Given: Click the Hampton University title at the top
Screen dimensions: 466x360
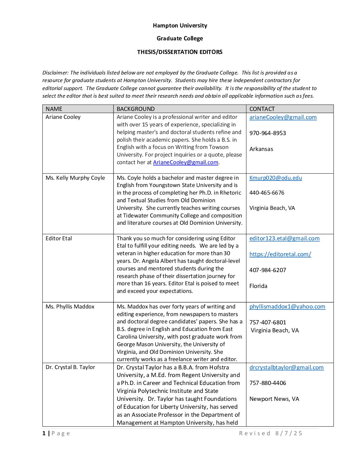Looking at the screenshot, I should [180, 25].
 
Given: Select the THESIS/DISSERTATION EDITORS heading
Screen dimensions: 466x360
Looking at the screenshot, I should [180, 52].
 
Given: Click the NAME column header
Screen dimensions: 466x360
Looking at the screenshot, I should [54, 109].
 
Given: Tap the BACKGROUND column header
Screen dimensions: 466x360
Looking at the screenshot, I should [136, 109].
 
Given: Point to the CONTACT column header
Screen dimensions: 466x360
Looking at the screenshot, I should [262, 109].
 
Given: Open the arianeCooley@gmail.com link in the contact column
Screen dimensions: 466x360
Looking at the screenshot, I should [283, 117].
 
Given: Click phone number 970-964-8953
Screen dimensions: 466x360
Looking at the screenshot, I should [268, 133].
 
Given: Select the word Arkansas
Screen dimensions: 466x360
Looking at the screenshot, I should [261, 149].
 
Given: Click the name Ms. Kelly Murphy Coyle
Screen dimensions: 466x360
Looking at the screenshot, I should [75, 178].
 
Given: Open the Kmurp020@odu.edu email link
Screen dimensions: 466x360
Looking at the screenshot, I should [276, 178].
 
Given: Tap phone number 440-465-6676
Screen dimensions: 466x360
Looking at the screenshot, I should [267, 193].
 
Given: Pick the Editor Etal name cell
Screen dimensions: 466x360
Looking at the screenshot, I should [59, 238].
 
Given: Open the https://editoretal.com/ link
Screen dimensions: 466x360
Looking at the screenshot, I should [280, 254].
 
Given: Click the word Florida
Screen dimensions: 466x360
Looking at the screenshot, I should [258, 286].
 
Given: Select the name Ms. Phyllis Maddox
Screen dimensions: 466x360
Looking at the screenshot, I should [70, 306].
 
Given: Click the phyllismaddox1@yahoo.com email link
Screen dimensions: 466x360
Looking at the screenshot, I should [287, 306].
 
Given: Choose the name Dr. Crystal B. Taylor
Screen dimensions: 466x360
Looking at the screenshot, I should [70, 367].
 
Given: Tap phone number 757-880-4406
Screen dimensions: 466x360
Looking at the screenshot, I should [268, 383].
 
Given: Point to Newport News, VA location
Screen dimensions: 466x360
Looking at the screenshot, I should [274, 399].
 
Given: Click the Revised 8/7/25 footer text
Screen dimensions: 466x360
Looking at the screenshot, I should [271, 433].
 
